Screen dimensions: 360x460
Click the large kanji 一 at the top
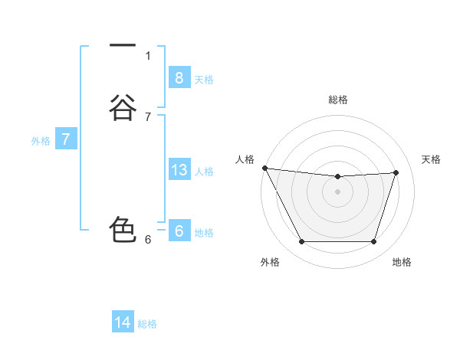123,47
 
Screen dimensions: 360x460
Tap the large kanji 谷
123,106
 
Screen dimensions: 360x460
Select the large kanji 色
123,230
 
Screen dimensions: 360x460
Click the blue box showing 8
179,77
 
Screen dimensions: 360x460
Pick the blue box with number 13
179,170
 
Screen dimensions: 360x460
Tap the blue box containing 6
179,231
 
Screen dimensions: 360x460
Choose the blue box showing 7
66,139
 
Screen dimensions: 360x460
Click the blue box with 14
123,322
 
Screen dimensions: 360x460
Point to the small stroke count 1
148,55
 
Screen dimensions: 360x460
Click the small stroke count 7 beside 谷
148,116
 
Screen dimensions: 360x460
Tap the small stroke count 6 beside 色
148,239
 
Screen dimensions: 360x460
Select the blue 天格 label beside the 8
204,79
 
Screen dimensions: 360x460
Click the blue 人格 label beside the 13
204,172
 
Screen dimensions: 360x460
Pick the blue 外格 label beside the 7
41,141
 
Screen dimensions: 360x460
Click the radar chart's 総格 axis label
338,100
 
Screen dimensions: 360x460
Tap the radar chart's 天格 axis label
432,159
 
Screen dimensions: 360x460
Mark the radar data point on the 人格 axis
264,168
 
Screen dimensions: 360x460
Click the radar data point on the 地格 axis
374,242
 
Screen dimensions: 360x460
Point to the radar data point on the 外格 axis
301,242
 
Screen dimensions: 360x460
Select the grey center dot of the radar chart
337,191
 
